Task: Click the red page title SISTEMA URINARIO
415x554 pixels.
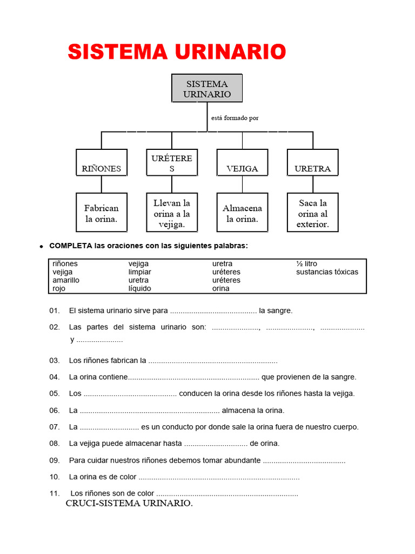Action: pos(177,52)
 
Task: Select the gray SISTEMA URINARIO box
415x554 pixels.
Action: pos(207,89)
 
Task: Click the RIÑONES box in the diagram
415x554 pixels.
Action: pos(102,163)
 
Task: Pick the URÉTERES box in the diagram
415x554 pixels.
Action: pos(172,163)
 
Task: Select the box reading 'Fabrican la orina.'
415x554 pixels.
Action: pos(102,213)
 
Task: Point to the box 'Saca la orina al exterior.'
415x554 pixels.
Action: pos(312,213)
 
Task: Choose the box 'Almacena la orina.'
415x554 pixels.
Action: pos(242,213)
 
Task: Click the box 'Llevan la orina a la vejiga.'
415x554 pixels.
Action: pos(172,213)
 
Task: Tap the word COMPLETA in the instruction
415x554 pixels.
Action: pos(71,246)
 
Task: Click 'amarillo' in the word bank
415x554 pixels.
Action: pos(66,280)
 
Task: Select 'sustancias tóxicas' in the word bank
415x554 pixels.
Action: pos(327,272)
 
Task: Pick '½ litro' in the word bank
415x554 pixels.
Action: pos(306,263)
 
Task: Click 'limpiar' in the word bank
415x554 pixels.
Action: pos(140,272)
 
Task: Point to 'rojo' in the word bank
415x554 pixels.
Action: pos(59,288)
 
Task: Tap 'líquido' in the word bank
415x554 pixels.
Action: pos(140,288)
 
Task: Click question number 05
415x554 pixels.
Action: pos(54,393)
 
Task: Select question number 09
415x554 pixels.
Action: pos(54,460)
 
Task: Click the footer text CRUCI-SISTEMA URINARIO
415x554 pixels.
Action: pos(129,504)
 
